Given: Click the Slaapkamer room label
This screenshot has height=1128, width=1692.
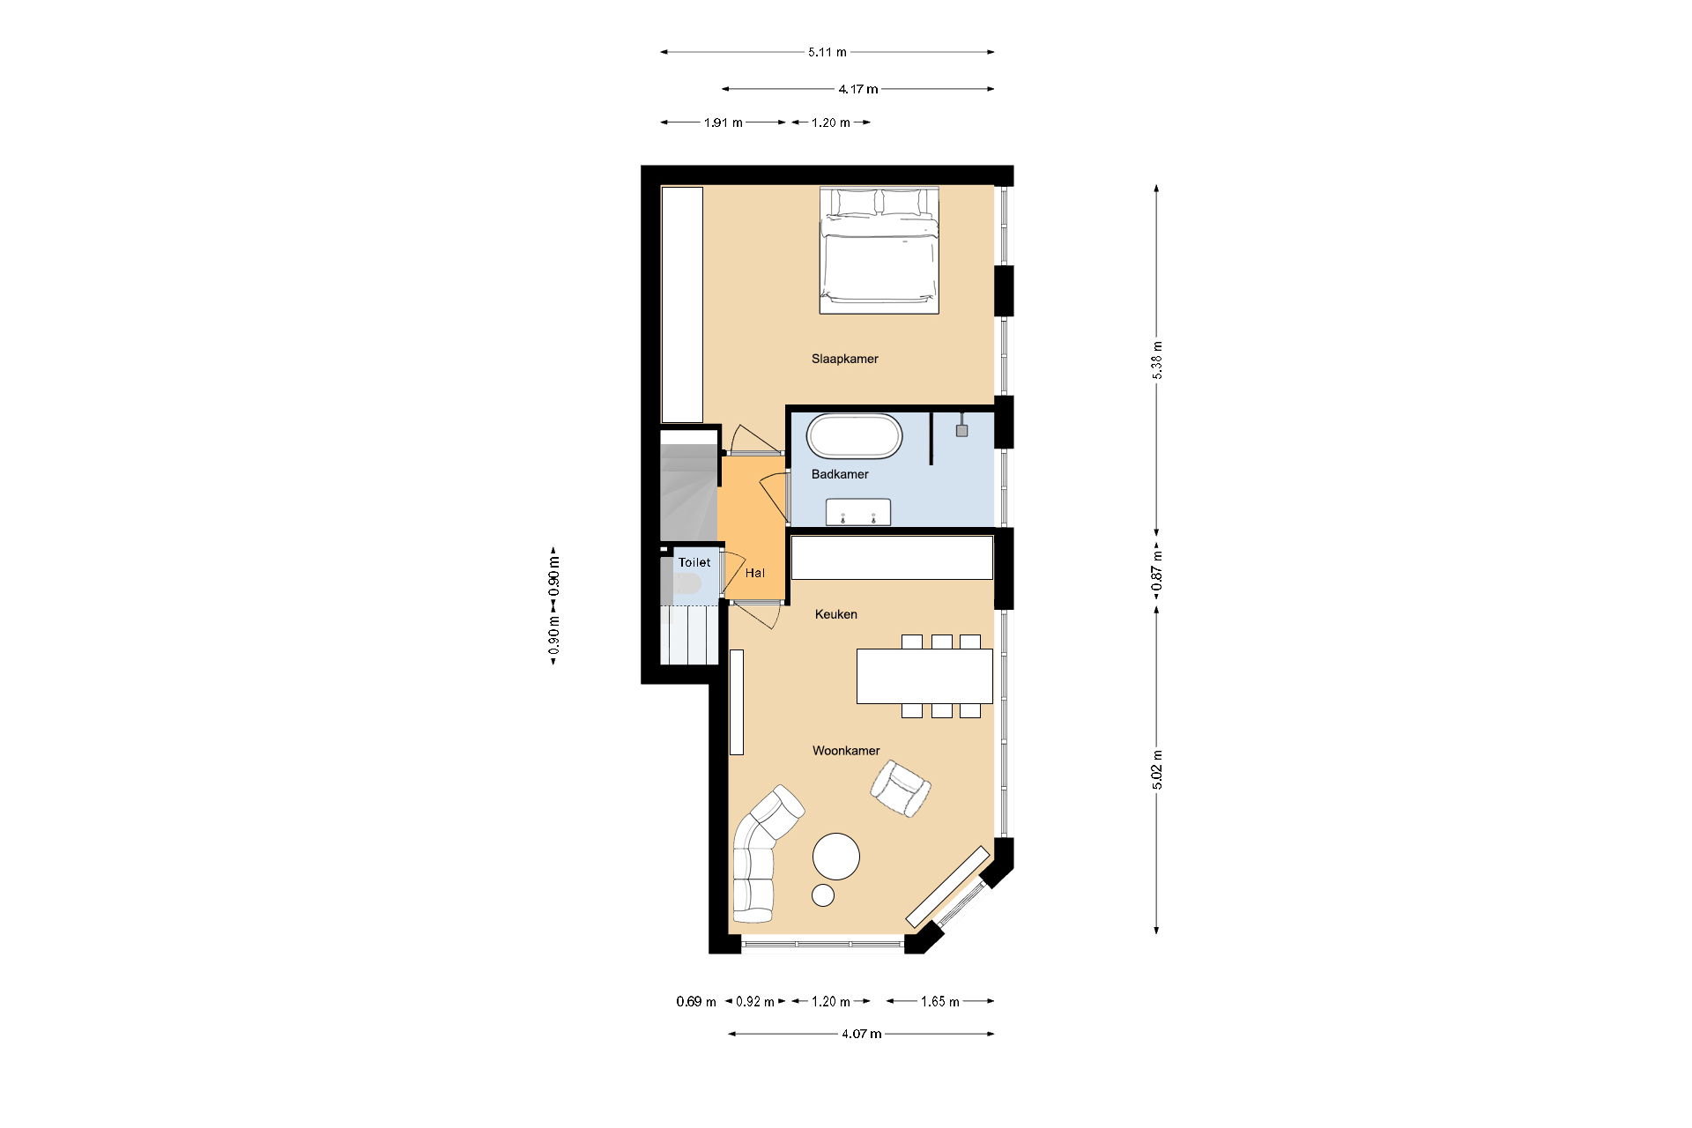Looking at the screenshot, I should click(844, 359).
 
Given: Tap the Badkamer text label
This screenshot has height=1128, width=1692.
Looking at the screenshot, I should click(839, 474).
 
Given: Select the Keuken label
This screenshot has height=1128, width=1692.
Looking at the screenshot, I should click(835, 614).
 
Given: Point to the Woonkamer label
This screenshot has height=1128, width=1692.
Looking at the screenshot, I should click(845, 751).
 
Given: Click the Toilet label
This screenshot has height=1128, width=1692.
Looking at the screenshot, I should click(694, 562).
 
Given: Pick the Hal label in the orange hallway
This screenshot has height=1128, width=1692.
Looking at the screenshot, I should click(754, 573).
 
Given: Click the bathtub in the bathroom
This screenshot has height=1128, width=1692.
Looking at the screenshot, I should click(854, 436).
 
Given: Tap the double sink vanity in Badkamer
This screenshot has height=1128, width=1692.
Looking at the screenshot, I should click(857, 512).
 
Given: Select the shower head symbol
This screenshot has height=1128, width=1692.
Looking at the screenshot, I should click(961, 430).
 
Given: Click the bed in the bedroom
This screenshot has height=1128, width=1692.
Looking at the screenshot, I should click(879, 251).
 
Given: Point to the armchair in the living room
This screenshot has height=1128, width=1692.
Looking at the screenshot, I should click(900, 789).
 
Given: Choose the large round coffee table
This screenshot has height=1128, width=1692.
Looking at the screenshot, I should click(835, 857).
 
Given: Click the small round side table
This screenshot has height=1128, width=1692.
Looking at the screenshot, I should click(822, 895).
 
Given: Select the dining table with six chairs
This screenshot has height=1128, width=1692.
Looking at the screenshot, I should click(924, 676).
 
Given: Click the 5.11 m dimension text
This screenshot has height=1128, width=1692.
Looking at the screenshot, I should click(827, 52).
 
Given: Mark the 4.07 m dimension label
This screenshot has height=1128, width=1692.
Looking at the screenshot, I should click(861, 1034).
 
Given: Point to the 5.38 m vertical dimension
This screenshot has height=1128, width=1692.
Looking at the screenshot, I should click(1157, 360).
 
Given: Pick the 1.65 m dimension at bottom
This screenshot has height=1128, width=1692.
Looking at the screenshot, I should click(939, 1001).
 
